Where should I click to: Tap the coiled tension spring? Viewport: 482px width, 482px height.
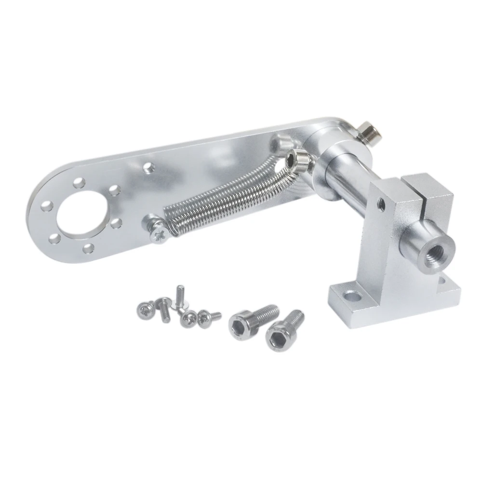click(227, 193)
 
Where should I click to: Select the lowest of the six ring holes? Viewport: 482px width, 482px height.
click(89, 248)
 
